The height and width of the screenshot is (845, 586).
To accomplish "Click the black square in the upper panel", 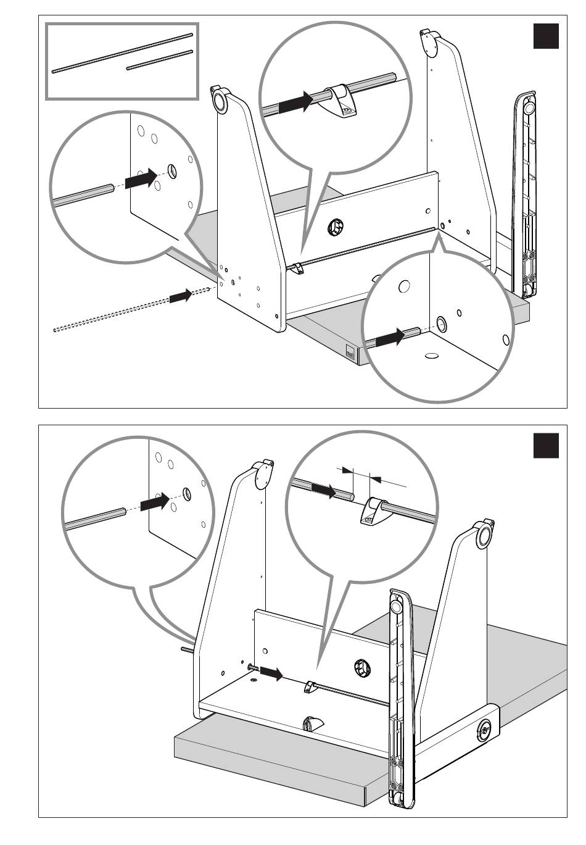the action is [545, 36].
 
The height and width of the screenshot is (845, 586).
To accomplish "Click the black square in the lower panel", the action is [545, 445].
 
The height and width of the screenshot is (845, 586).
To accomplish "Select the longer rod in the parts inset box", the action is [123, 53].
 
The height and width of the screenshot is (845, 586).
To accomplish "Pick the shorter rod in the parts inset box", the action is [160, 59].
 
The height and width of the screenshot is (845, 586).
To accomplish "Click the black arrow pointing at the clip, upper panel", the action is [295, 102].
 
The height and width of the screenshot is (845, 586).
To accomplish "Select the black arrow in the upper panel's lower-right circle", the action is [390, 338].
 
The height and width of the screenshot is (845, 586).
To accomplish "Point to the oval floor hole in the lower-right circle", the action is [432, 356].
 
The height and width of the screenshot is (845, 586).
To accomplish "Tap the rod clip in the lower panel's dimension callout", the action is [372, 510].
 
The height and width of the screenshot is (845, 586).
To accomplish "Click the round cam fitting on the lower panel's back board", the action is [362, 667].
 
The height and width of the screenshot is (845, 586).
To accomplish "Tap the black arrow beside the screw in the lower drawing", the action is [271, 673].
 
